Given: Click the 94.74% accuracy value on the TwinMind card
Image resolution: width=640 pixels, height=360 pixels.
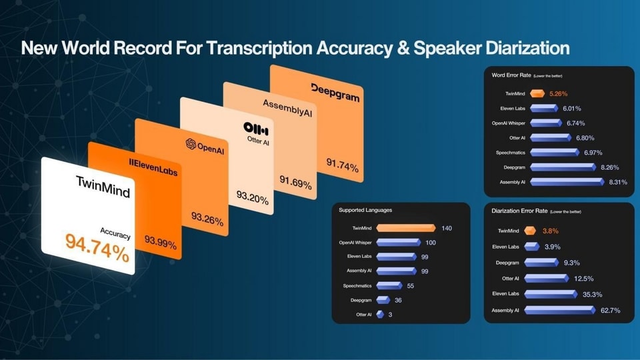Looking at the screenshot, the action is click(97, 247).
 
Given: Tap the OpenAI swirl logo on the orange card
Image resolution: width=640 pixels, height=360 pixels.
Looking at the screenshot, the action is click(191, 143).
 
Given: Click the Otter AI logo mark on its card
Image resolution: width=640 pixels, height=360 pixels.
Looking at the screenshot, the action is click(256, 129).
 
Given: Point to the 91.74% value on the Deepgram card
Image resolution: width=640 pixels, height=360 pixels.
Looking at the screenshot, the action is click(342, 165).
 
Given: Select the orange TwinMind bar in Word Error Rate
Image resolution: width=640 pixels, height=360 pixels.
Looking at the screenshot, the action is click(537, 93).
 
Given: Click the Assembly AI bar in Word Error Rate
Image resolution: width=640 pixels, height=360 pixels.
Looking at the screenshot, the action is click(567, 182).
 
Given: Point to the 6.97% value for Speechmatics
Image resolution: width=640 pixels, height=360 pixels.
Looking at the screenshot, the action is click(593, 153).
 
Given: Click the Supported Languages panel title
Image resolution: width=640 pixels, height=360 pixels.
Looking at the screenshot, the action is click(365, 210).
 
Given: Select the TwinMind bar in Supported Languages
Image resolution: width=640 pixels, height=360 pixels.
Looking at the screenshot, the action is click(406, 228).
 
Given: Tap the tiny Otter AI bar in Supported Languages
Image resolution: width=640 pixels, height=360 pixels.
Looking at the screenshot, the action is click(380, 314).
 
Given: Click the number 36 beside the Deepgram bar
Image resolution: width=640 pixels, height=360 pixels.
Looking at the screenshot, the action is click(398, 301).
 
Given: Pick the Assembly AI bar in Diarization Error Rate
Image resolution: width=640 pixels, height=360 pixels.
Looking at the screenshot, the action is click(559, 310).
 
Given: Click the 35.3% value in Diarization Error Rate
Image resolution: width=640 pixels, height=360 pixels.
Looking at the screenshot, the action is click(592, 294).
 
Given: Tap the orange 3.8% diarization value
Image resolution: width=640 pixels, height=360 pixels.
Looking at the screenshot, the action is click(550, 231).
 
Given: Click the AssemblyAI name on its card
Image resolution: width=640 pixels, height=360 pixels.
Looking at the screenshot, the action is click(287, 108).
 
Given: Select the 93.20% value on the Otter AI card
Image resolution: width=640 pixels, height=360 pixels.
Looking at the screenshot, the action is click(252, 197).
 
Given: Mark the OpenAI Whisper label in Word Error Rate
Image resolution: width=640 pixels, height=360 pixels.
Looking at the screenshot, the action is click(509, 123).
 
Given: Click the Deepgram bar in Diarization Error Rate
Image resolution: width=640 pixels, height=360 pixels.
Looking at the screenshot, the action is click(541, 263).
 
